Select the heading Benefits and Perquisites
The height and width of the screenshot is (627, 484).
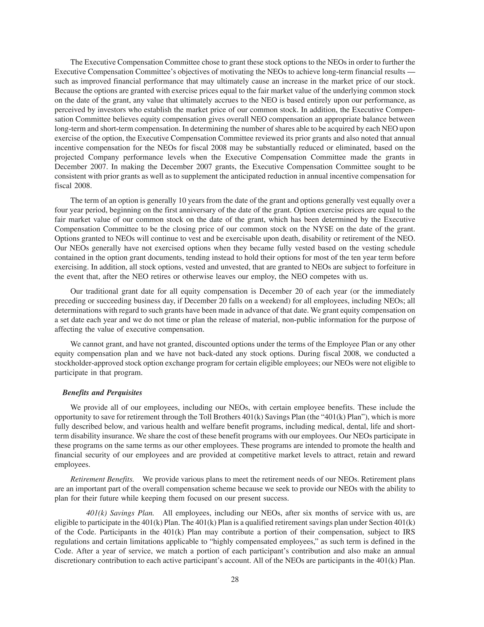102,393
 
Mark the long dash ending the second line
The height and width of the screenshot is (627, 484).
411,71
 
